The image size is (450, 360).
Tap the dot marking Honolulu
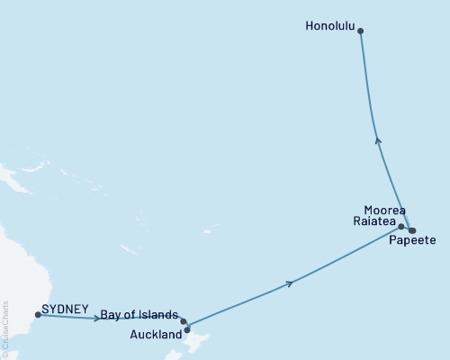click(x=361, y=31)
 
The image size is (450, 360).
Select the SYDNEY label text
click(x=65, y=309)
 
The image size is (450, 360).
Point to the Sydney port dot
click(x=38, y=315)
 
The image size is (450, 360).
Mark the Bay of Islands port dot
click(x=184, y=321)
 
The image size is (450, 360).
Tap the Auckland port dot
click(x=187, y=329)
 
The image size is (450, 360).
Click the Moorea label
click(x=384, y=209)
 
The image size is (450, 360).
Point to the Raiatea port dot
click(x=401, y=227)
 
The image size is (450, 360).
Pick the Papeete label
click(x=413, y=241)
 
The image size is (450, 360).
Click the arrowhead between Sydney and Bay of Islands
click(x=96, y=318)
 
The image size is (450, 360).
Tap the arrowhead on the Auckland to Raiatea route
click(x=289, y=283)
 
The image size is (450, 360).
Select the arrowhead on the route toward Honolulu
click(x=378, y=139)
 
